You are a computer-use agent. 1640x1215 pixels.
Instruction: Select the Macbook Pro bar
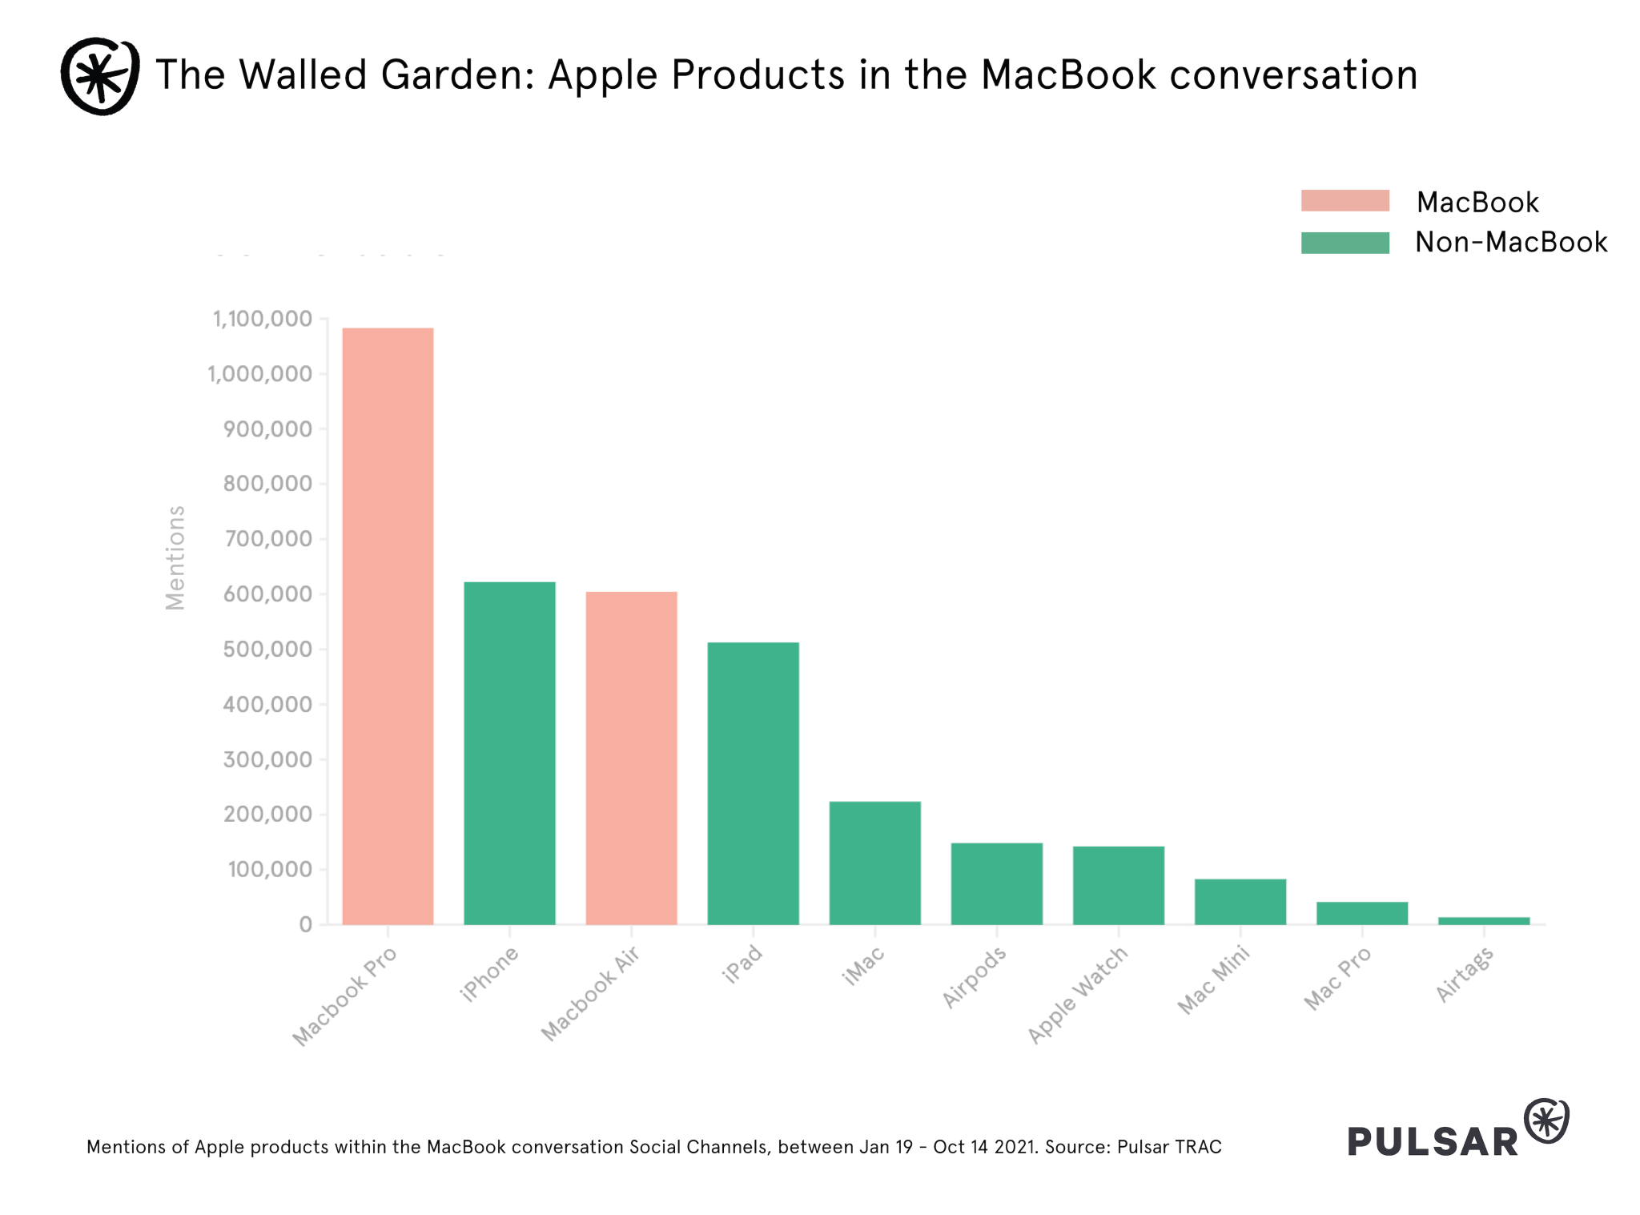(388, 626)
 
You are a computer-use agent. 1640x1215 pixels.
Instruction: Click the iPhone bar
(509, 753)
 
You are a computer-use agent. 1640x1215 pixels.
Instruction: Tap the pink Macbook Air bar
(631, 758)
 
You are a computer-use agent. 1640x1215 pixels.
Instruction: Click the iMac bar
(874, 863)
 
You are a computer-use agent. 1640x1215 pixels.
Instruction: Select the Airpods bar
(996, 883)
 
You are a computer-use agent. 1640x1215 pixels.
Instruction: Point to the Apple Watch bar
(1118, 885)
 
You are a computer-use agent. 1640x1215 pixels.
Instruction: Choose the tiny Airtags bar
(1483, 921)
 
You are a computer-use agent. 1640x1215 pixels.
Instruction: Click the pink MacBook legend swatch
(1345, 200)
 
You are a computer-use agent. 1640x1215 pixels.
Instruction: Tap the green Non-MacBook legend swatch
(1345, 243)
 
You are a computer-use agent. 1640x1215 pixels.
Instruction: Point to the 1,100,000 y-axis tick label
(262, 320)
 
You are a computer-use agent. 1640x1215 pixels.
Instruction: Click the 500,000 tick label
(267, 650)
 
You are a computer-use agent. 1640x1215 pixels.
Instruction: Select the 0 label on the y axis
(305, 925)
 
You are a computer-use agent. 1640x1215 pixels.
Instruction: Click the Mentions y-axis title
(175, 557)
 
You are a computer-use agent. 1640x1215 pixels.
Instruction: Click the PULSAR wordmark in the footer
(1433, 1141)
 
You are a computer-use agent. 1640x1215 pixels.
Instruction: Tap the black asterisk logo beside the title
(100, 76)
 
